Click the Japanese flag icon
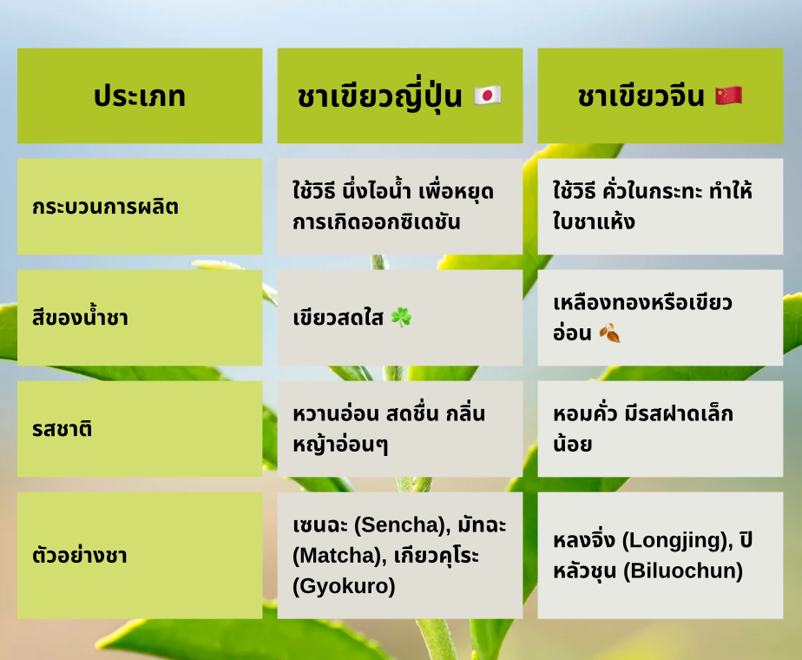[x=487, y=96]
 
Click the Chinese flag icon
[x=729, y=96]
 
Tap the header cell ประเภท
[x=140, y=96]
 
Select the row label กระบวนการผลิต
[x=105, y=207]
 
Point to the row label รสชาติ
[x=62, y=429]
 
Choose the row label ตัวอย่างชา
[x=79, y=555]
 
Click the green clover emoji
[x=401, y=317]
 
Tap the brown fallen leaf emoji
[x=609, y=333]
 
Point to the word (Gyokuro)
[x=344, y=586]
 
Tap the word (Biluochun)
[x=683, y=571]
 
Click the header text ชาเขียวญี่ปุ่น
[x=379, y=96]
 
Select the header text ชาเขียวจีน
[x=641, y=96]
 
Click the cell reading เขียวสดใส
[x=339, y=318]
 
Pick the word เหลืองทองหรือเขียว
[x=642, y=302]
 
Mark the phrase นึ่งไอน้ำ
[x=378, y=190]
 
